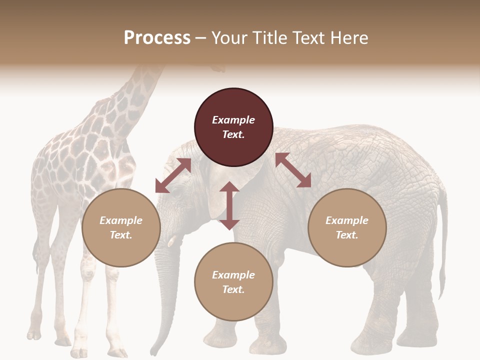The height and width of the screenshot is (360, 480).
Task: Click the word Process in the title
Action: click(157, 38)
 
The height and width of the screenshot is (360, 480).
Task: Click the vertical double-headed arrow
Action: click(229, 205)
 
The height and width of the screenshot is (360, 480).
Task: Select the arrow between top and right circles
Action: click(293, 170)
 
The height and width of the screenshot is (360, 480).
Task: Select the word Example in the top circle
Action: click(233, 120)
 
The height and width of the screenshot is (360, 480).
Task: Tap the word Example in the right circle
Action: click(347, 220)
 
